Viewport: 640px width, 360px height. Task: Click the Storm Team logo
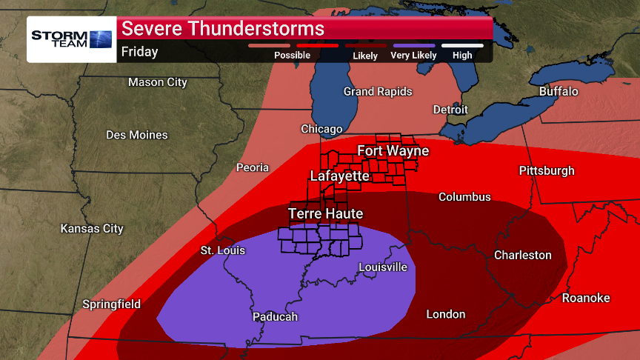pos(71,39)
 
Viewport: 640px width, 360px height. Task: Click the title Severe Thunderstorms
pos(223,29)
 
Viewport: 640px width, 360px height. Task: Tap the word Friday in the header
pos(140,52)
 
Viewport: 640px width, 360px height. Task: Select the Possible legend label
pos(292,56)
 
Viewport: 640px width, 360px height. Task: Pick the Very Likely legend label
pos(414,56)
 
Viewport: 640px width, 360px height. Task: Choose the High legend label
pos(462,56)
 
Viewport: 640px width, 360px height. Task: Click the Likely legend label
pos(365,56)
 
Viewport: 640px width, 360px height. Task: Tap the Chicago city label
pos(321,129)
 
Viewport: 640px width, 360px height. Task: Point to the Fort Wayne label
pos(393,151)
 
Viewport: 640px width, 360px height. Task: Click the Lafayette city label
pos(339,176)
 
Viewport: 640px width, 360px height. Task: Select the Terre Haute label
pos(325,214)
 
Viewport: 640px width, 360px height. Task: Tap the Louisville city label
pos(383,267)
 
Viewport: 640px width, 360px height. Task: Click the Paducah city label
pos(275,316)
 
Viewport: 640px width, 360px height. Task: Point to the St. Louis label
pos(222,250)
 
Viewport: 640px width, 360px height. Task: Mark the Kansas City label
pos(92,228)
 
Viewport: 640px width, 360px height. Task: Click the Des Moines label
pos(137,135)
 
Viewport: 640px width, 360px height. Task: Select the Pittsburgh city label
pos(547,170)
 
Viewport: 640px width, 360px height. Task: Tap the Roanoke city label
pos(586,298)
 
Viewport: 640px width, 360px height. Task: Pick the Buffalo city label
pos(559,91)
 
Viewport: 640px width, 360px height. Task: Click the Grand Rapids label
pos(378,91)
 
